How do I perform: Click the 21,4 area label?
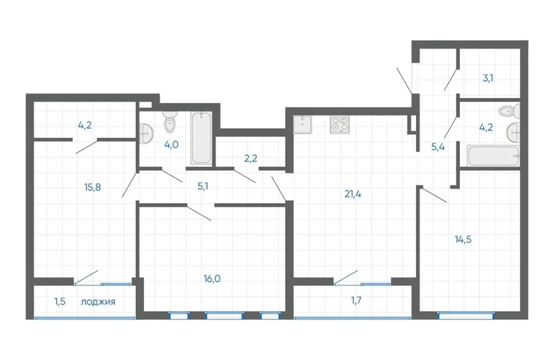353,194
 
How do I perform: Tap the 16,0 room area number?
212,279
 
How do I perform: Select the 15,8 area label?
93,187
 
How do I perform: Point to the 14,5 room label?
463,240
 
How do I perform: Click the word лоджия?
98,302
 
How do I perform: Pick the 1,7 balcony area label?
356,300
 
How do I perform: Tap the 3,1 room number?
488,78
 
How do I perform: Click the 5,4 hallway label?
437,147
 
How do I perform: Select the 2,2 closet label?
250,158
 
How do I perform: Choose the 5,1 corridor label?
202,186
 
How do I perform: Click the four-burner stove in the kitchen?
340,125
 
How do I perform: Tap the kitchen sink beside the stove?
302,125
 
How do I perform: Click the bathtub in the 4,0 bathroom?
201,138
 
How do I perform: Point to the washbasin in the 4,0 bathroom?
146,134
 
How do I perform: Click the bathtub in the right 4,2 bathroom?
494,156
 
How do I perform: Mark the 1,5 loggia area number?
60,302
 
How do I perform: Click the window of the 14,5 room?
466,315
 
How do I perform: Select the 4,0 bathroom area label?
171,145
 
